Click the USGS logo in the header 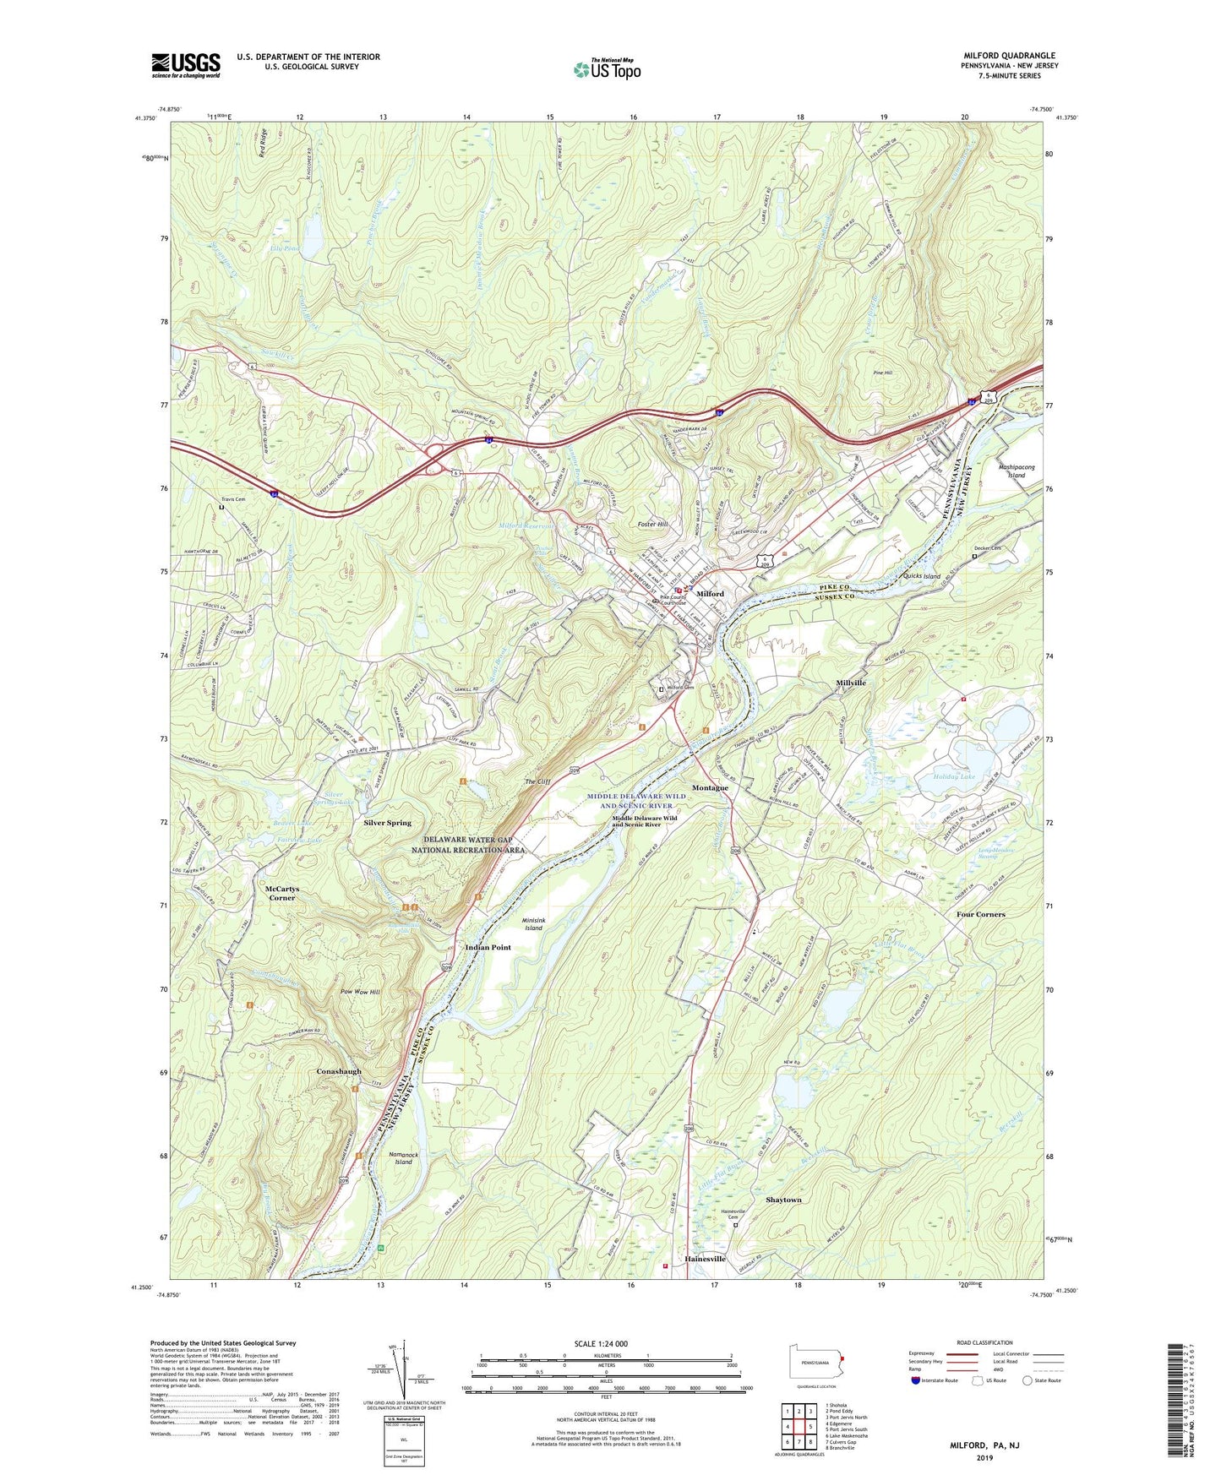pos(186,64)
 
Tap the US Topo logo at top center pos(606,69)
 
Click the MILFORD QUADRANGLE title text pos(1009,56)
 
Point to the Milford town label pos(710,594)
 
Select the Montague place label pos(710,787)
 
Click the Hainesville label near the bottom pos(705,1259)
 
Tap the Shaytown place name pos(783,1200)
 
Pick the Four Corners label pos(980,914)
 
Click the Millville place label pos(851,683)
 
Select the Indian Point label pos(488,947)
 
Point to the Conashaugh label pos(338,1071)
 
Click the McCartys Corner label pos(282,894)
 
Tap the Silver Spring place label pos(387,822)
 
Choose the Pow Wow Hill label pos(360,992)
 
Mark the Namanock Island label pos(404,1157)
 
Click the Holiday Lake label pos(953,776)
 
